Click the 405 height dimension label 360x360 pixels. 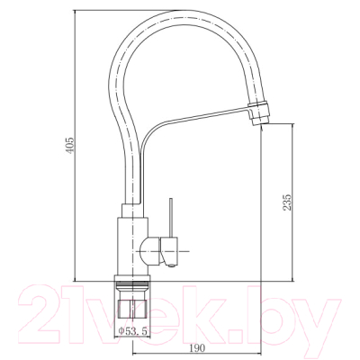tap(69, 146)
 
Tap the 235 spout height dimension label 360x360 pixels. tap(287, 202)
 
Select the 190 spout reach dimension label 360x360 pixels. tap(198, 348)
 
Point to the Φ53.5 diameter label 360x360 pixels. tap(133, 331)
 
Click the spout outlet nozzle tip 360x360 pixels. tap(260, 121)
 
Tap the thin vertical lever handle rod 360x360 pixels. tap(171, 218)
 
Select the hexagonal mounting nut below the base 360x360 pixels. tap(132, 309)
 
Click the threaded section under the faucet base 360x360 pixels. tap(132, 286)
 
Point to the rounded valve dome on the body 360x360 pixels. tap(150, 251)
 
